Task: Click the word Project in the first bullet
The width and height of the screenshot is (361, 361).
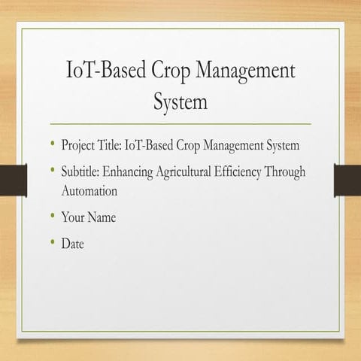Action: coord(79,144)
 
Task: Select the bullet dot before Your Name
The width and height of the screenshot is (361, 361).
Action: coord(53,217)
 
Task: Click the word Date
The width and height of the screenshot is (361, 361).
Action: coord(73,244)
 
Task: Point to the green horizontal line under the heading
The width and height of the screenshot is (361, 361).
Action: coord(180,123)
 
